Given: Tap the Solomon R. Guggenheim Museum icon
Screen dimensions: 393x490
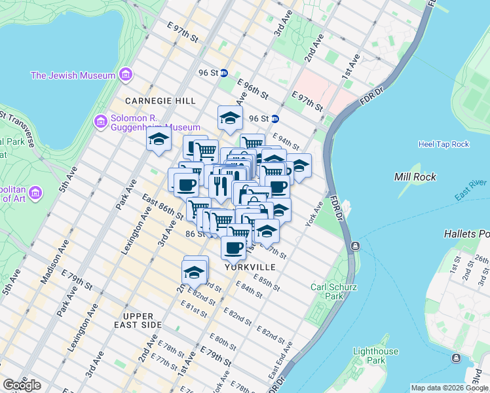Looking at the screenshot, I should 100,121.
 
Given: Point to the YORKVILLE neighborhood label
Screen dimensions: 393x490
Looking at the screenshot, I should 248,268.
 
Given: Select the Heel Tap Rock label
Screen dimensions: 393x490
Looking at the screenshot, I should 443,144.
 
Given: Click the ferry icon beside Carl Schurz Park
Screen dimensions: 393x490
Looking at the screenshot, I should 354,246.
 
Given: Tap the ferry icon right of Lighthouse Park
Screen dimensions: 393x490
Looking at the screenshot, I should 455,358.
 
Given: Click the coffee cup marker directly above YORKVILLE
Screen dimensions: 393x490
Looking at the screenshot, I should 233,248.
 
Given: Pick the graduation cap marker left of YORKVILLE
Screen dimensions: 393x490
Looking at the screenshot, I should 195,271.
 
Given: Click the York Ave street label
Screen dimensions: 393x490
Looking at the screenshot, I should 314,215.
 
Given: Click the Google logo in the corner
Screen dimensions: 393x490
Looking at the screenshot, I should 22,385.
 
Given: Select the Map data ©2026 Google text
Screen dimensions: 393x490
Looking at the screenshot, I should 449,388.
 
